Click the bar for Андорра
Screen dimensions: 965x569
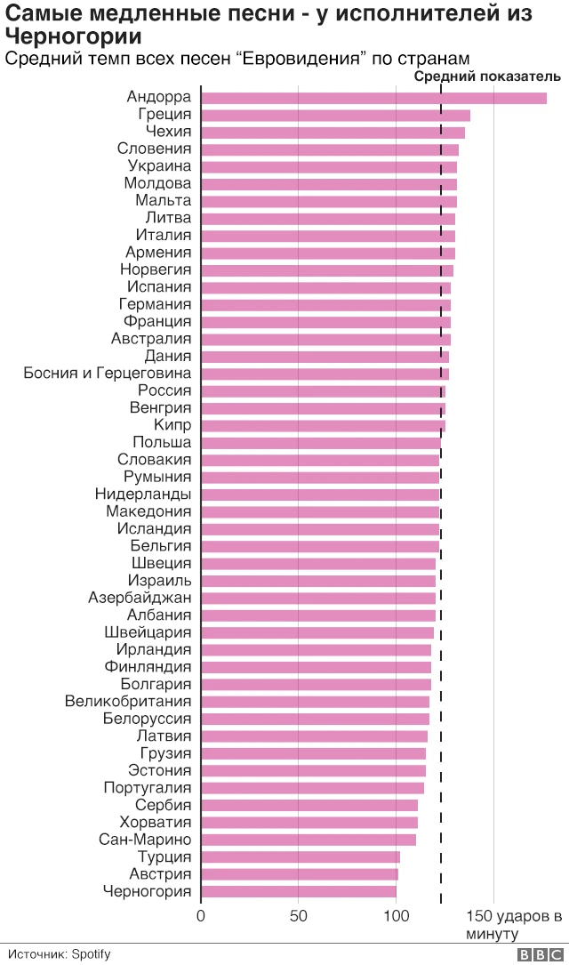(x=373, y=98)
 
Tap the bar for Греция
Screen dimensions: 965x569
(x=335, y=115)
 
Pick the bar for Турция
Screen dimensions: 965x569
(x=301, y=857)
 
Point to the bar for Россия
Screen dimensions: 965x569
(x=323, y=391)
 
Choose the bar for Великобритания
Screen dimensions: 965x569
(x=315, y=702)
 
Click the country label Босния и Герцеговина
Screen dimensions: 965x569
(x=107, y=374)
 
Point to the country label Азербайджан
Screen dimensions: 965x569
(x=140, y=598)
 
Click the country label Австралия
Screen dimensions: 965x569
(x=151, y=339)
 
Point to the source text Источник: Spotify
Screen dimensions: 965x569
(x=60, y=954)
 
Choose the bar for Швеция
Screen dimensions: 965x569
(x=318, y=564)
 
